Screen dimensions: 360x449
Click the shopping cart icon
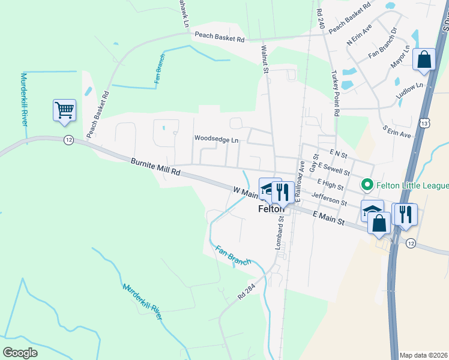(x=64, y=110)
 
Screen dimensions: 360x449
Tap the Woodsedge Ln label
(x=216, y=139)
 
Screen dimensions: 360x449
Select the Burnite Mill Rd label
(x=155, y=166)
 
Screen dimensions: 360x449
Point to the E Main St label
(x=328, y=218)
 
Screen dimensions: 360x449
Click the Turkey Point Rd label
(x=335, y=93)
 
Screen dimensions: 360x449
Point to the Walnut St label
(x=265, y=58)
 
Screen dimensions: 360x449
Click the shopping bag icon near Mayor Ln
(x=424, y=59)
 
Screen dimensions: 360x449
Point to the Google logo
(x=20, y=353)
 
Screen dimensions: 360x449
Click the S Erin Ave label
(x=397, y=131)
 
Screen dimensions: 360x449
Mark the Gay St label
(x=313, y=162)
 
